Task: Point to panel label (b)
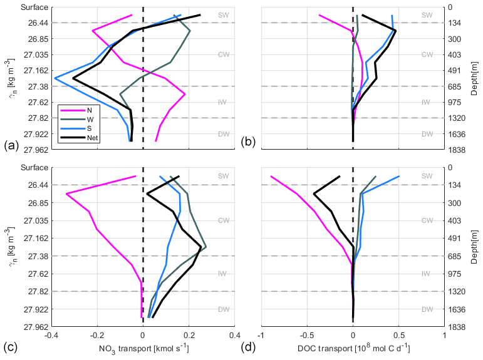[x=247, y=142]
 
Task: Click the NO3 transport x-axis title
[x=143, y=348]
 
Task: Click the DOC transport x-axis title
[x=353, y=348]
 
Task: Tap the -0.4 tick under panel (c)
[x=51, y=335]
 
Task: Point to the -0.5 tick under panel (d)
[x=307, y=335]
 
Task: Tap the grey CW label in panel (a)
[x=223, y=54]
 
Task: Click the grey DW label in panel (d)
[x=427, y=309]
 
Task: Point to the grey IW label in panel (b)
[x=427, y=102]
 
